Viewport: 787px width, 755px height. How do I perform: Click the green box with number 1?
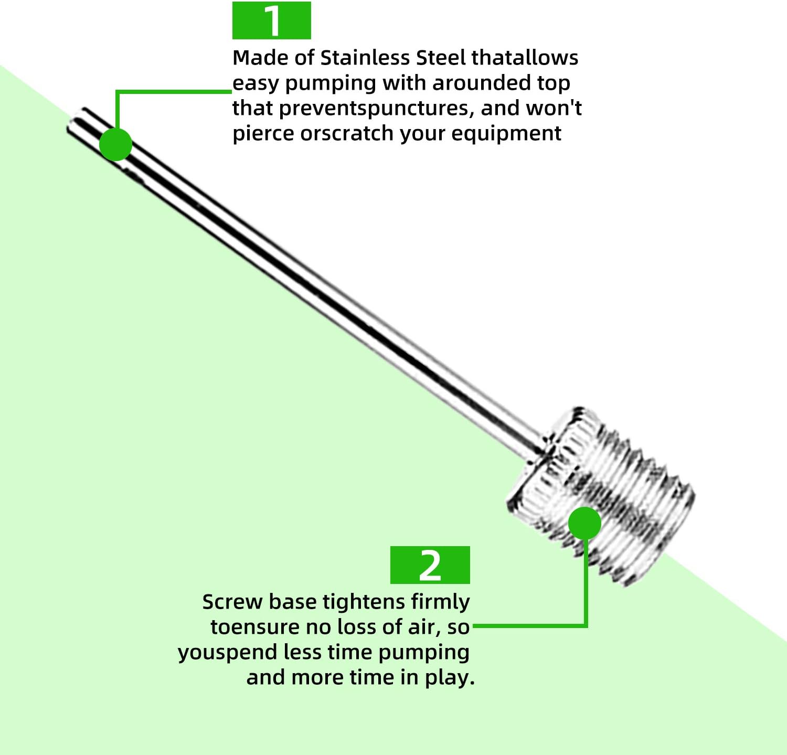pos(271,20)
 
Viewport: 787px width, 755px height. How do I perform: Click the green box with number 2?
pos(430,565)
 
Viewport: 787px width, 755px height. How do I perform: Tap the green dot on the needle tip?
pos(115,144)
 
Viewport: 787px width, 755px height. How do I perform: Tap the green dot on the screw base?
pos(584,523)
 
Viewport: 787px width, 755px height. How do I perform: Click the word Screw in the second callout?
pos(232,602)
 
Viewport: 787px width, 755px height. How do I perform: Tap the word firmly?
pos(440,602)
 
